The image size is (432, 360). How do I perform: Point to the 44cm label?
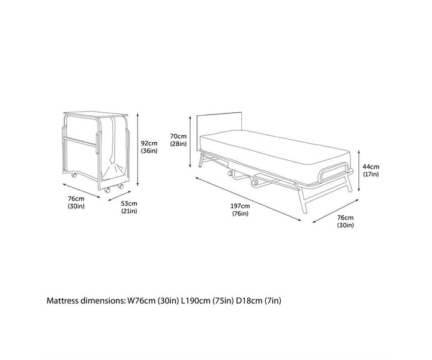click(x=371, y=167)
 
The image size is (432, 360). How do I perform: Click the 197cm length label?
click(x=240, y=205)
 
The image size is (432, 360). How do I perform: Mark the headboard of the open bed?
click(x=219, y=123)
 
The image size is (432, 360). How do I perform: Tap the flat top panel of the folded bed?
click(x=96, y=113)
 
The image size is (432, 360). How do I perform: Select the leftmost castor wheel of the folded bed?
click(x=72, y=176)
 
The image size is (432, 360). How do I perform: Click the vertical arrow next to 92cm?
click(x=139, y=148)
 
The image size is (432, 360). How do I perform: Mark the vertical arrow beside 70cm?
click(x=191, y=138)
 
